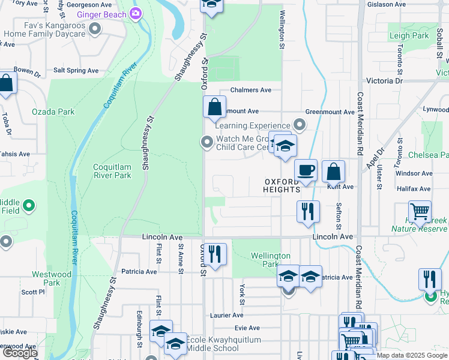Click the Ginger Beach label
pos(101,14)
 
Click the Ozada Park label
pos(53,112)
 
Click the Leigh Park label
pos(409,36)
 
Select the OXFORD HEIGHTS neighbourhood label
pos(282,185)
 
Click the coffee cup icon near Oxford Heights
pos(306,170)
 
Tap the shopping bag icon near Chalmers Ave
pos(214,108)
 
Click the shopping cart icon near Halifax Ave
pos(420,212)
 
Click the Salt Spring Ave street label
pos(76,70)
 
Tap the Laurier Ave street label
pos(226,315)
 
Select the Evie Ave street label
pos(247,328)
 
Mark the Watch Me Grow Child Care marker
pos(207,142)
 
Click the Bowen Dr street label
pos(26,70)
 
